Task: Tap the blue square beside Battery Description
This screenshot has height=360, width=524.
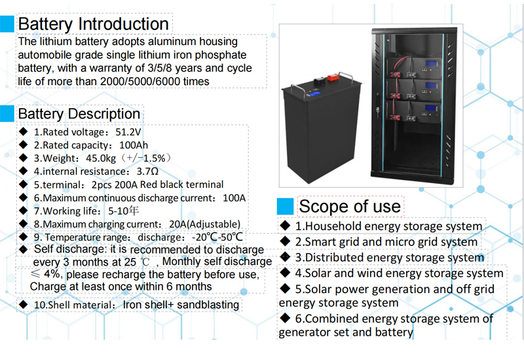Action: (x=7, y=113)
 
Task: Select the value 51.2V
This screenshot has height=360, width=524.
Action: (x=128, y=132)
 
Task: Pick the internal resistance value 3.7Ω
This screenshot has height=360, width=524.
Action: (x=147, y=171)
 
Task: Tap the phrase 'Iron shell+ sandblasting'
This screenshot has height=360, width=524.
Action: (x=181, y=304)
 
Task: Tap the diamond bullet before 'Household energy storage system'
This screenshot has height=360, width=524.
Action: (x=286, y=226)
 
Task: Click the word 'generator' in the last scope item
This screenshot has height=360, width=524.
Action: (x=305, y=332)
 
